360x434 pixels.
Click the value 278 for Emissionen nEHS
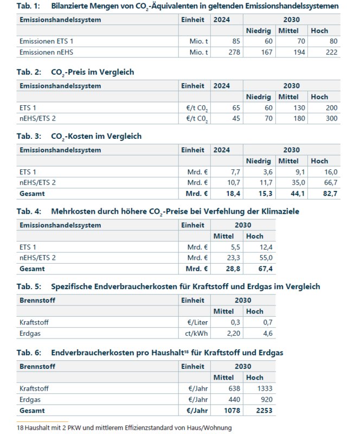(x=233, y=52)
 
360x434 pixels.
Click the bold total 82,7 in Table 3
(x=330, y=193)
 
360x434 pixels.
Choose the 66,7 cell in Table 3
(x=330, y=182)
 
